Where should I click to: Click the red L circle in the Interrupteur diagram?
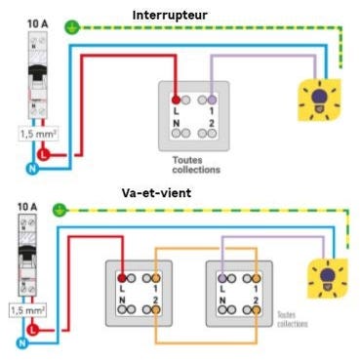(x=42, y=154)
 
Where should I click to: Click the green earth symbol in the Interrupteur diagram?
(x=67, y=28)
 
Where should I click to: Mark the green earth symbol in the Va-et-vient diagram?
(x=60, y=209)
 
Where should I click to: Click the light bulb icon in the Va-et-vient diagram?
(x=326, y=274)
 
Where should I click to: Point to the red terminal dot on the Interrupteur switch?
(x=176, y=100)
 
